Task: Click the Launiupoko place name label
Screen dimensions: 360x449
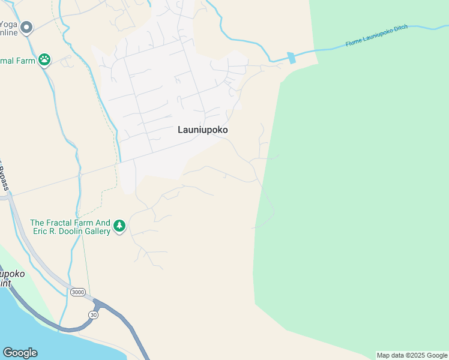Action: coord(203,130)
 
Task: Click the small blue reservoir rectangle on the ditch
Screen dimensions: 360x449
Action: coord(292,58)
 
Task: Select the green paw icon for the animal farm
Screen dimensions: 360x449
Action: coord(44,60)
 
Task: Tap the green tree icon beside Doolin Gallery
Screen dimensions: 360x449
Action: coord(119,226)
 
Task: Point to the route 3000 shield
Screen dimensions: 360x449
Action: coord(77,292)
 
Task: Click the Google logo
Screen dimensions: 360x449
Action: coord(20,353)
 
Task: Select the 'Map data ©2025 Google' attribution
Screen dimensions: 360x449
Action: coord(411,355)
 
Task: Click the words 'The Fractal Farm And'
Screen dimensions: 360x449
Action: coord(70,222)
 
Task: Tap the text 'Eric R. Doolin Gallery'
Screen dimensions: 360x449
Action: coord(70,231)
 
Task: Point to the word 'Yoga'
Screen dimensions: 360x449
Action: coord(9,24)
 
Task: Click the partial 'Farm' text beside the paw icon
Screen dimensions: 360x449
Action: coord(18,60)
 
